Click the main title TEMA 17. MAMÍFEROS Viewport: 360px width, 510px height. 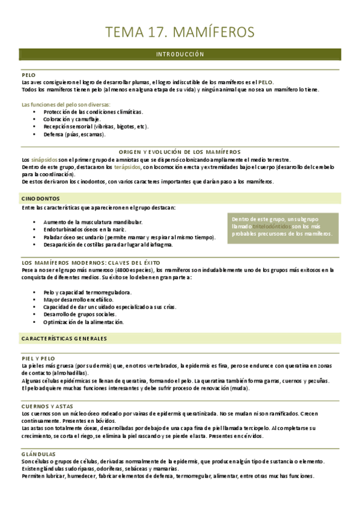[180, 32]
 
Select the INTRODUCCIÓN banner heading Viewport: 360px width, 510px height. [180, 54]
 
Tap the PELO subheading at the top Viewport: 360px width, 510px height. [28, 75]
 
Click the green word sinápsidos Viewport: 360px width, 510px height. [43, 159]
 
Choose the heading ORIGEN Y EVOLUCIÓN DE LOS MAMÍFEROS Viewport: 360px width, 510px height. [180, 152]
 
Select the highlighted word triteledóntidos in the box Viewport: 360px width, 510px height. [271, 226]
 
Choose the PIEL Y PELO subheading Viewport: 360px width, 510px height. [38, 358]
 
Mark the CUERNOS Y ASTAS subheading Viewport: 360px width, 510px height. [47, 407]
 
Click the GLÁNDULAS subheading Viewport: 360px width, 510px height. [38, 454]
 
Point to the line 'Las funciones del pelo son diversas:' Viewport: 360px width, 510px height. [66, 105]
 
